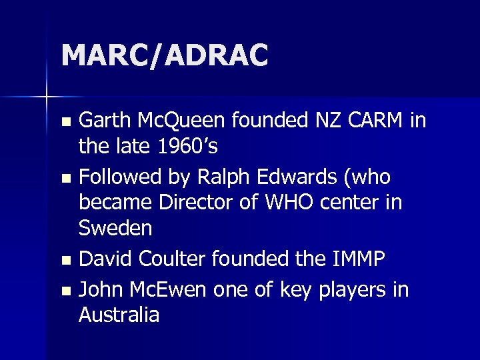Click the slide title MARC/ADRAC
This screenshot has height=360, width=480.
click(x=165, y=55)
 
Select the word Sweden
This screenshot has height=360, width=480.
click(x=115, y=228)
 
